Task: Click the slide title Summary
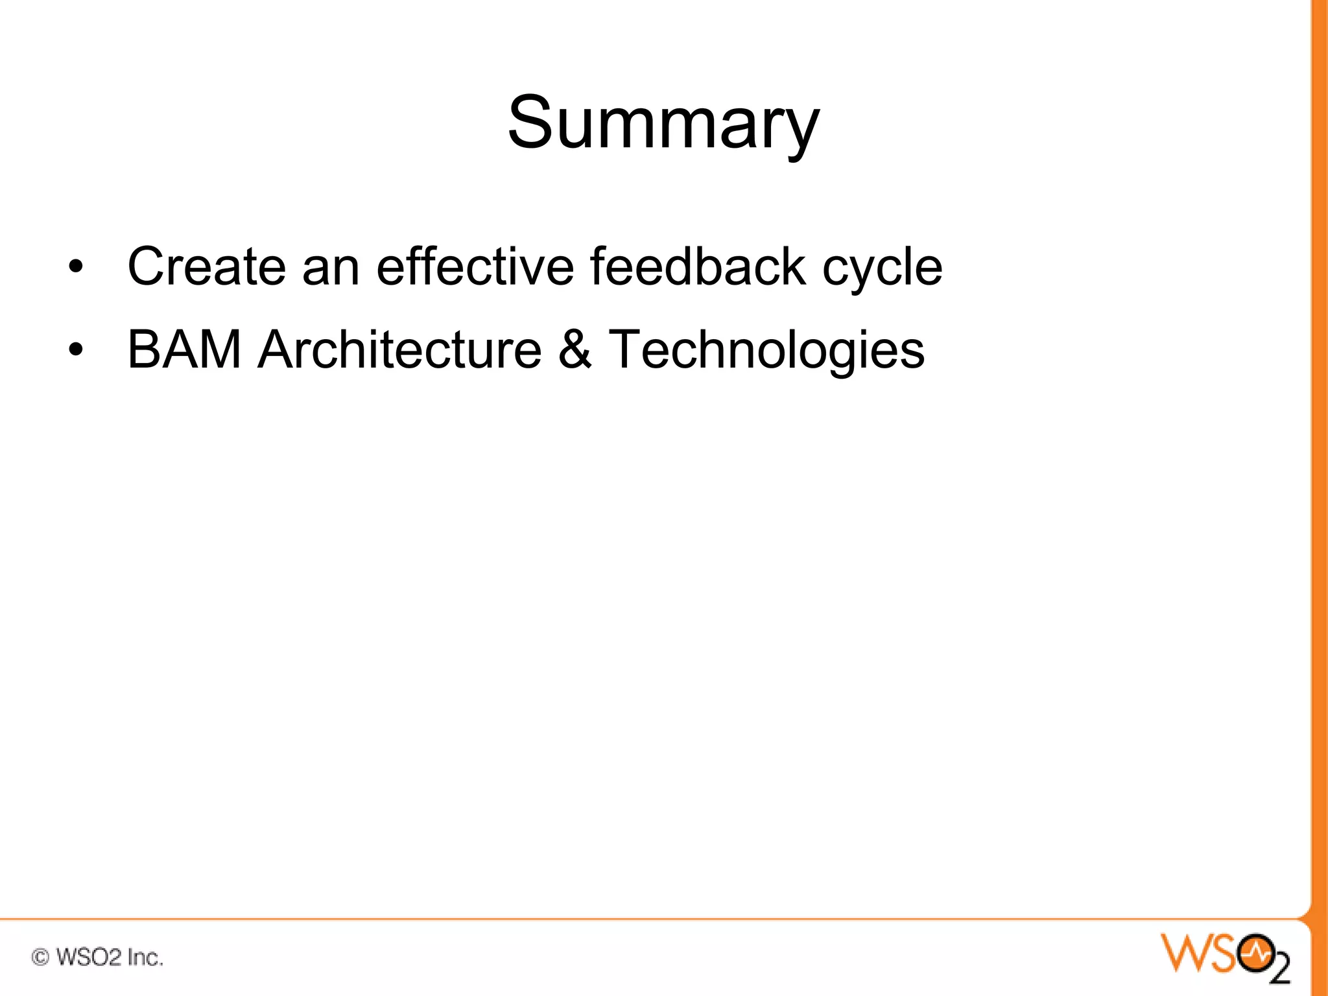coord(663,123)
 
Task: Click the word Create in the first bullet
coord(206,267)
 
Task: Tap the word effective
coord(475,267)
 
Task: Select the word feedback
coord(698,267)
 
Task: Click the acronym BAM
coord(184,350)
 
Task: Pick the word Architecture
coord(399,350)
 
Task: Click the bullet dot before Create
coord(76,268)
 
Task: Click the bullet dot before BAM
coord(76,351)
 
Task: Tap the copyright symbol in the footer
coord(40,957)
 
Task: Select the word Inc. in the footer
coord(145,957)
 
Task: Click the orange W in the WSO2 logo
coord(1185,953)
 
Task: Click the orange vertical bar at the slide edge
coord(1319,454)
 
